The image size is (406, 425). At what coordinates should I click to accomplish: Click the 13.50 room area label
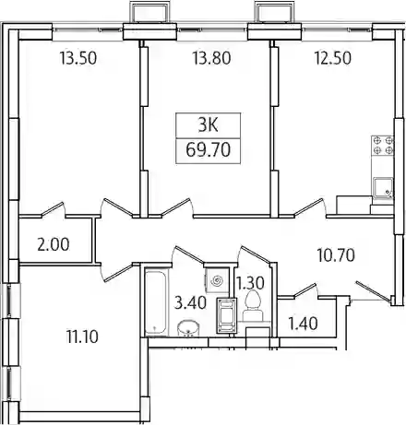(x=78, y=58)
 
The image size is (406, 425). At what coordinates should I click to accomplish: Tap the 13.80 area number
(x=211, y=58)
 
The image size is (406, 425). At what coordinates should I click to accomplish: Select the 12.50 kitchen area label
(x=332, y=58)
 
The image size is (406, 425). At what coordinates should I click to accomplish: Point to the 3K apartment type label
(x=208, y=125)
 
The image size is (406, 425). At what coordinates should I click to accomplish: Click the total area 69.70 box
(x=208, y=150)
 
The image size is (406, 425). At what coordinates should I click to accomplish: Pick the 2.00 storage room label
(x=54, y=245)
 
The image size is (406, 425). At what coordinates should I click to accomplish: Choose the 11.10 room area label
(x=82, y=336)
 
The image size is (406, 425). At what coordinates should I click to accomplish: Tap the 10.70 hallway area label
(x=336, y=255)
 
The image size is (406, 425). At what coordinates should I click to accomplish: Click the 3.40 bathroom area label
(x=190, y=303)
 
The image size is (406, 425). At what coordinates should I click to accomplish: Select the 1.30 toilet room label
(x=251, y=283)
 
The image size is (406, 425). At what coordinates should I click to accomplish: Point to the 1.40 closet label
(x=304, y=324)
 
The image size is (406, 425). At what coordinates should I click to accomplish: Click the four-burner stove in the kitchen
(x=383, y=146)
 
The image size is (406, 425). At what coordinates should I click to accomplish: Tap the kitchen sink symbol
(x=383, y=188)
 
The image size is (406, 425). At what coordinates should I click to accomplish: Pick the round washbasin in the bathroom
(x=188, y=328)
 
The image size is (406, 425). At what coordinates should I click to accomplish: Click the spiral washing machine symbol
(x=218, y=281)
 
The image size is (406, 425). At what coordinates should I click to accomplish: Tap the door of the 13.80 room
(x=176, y=208)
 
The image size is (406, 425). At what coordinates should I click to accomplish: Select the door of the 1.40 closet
(x=305, y=290)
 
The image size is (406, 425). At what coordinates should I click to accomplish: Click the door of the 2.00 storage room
(x=54, y=210)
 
